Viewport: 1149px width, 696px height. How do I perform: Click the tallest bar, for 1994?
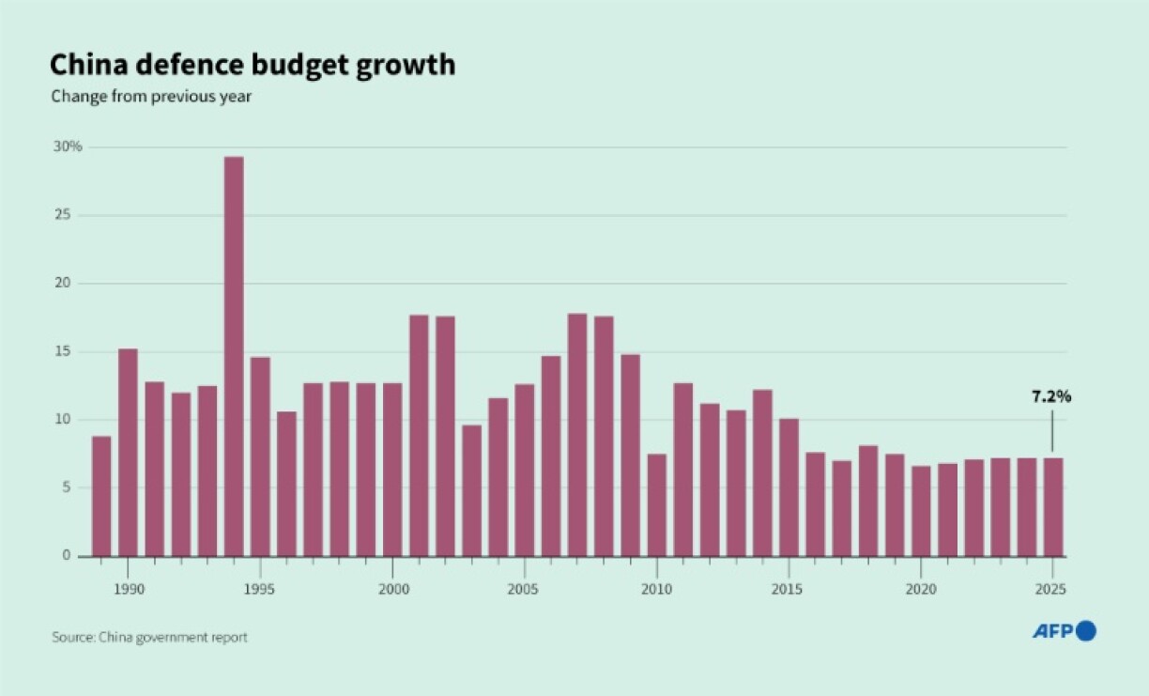234,356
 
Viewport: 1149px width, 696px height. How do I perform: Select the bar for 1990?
128,452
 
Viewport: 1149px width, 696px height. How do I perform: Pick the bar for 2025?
1054,506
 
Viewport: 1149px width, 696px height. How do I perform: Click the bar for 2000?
392,469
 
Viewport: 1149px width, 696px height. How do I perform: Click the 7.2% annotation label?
1051,396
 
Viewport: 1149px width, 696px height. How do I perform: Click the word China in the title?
87,65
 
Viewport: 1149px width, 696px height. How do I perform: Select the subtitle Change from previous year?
151,96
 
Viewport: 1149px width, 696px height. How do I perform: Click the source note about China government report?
149,637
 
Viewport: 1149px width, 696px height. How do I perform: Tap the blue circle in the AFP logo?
1086,631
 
